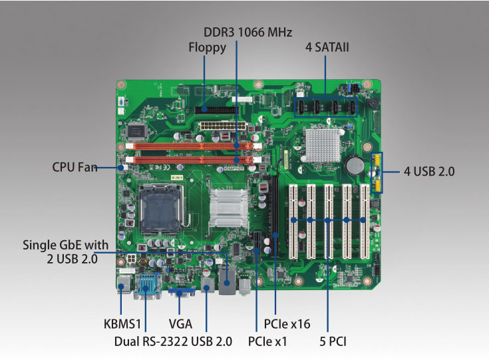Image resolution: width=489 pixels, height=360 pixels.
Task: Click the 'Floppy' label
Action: coord(207,47)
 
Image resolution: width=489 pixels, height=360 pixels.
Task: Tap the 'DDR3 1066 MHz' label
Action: coord(247,32)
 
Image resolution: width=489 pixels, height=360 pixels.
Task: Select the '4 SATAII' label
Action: coord(327,47)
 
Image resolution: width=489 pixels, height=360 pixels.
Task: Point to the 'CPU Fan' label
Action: coord(75,167)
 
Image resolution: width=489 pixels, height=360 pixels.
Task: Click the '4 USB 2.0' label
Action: coord(429,171)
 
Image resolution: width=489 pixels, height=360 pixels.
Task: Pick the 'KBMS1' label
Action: coord(123,325)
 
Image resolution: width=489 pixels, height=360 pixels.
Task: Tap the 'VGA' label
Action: coord(180,325)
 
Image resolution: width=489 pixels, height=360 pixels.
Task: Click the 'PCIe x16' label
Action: coord(287,325)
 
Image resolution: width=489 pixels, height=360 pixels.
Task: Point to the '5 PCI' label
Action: coord(333,342)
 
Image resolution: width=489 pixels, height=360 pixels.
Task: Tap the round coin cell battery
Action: coord(355,165)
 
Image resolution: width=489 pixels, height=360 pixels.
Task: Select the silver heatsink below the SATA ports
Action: coord(322,142)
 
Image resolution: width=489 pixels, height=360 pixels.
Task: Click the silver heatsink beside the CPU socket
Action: coord(228,207)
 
